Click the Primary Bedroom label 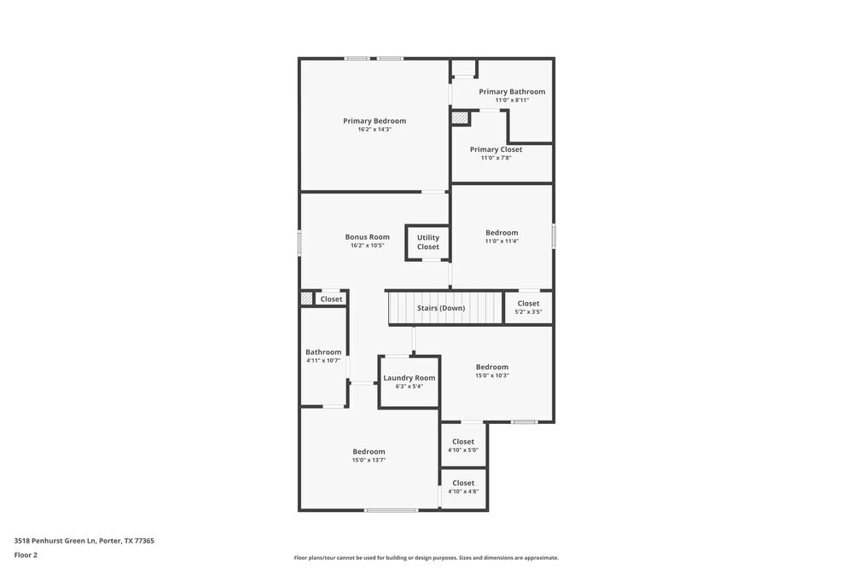374,121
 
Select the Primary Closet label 496,149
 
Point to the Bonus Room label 367,237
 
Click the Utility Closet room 428,242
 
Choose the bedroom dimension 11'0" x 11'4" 502,241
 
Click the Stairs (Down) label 441,308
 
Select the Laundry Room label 409,378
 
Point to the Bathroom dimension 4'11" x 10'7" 323,361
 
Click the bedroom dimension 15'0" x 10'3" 492,375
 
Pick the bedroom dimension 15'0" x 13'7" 368,460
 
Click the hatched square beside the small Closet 306,299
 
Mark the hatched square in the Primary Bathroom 460,118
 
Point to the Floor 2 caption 26,554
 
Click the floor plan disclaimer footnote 426,558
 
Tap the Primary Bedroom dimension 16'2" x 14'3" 374,130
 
